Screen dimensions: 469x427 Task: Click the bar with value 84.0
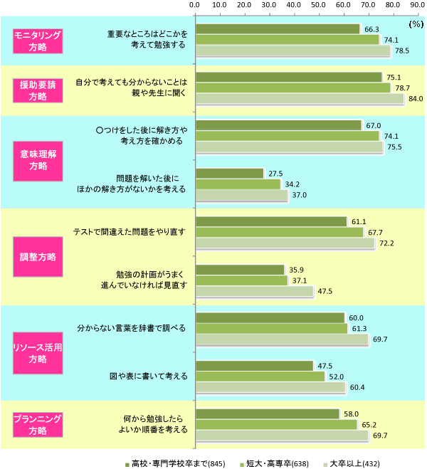click(x=299, y=100)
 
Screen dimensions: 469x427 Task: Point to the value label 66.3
click(x=371, y=29)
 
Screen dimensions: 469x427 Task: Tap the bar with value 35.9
click(x=239, y=270)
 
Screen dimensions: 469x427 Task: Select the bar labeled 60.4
click(x=270, y=388)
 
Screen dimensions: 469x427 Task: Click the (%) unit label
click(x=416, y=24)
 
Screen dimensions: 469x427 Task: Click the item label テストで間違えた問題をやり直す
click(x=130, y=232)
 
